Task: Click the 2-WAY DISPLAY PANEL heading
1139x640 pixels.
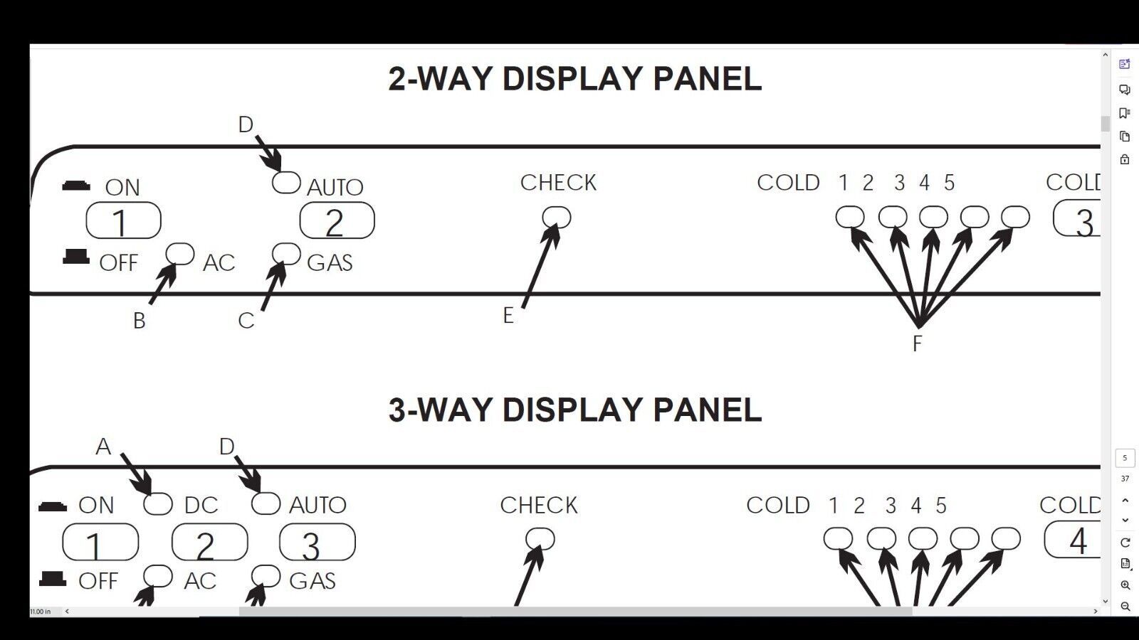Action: [574, 79]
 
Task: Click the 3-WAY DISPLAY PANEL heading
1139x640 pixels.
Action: [574, 410]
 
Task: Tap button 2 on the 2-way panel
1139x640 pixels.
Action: [337, 220]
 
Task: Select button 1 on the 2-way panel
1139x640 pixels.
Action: [124, 220]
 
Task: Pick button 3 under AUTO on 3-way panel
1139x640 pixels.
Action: [317, 542]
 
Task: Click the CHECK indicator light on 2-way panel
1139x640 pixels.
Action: [557, 218]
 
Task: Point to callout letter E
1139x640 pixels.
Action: [508, 316]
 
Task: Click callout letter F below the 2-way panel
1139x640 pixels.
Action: [918, 344]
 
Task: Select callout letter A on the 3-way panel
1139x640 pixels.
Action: [103, 447]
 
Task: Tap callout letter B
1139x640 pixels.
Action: [139, 321]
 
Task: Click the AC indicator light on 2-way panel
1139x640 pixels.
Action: [180, 253]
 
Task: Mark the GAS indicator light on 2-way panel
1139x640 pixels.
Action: [286, 253]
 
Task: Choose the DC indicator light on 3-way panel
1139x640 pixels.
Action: [157, 504]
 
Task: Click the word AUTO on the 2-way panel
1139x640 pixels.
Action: [335, 188]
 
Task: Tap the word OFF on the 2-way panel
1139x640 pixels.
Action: [118, 263]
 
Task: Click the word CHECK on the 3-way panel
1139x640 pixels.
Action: [539, 506]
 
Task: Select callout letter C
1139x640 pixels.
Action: [246, 321]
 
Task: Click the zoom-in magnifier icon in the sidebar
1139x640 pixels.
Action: [1125, 585]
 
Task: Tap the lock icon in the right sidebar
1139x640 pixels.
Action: [1125, 159]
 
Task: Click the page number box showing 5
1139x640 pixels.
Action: [1125, 458]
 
